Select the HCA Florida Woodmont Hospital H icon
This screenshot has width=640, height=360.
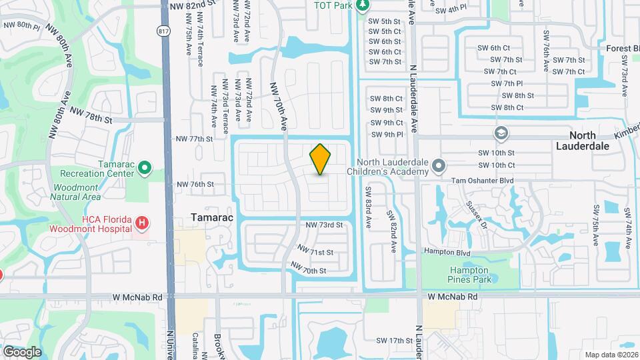point(141,222)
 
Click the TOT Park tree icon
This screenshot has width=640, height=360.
point(363,6)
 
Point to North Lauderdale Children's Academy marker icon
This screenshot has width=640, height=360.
point(437,164)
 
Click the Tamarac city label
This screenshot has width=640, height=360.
point(211,217)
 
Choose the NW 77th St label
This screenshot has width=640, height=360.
point(193,139)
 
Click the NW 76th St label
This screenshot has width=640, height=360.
point(194,184)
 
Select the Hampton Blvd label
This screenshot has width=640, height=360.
point(448,253)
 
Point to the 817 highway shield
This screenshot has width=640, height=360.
point(163,31)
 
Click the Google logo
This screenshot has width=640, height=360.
point(22,351)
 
